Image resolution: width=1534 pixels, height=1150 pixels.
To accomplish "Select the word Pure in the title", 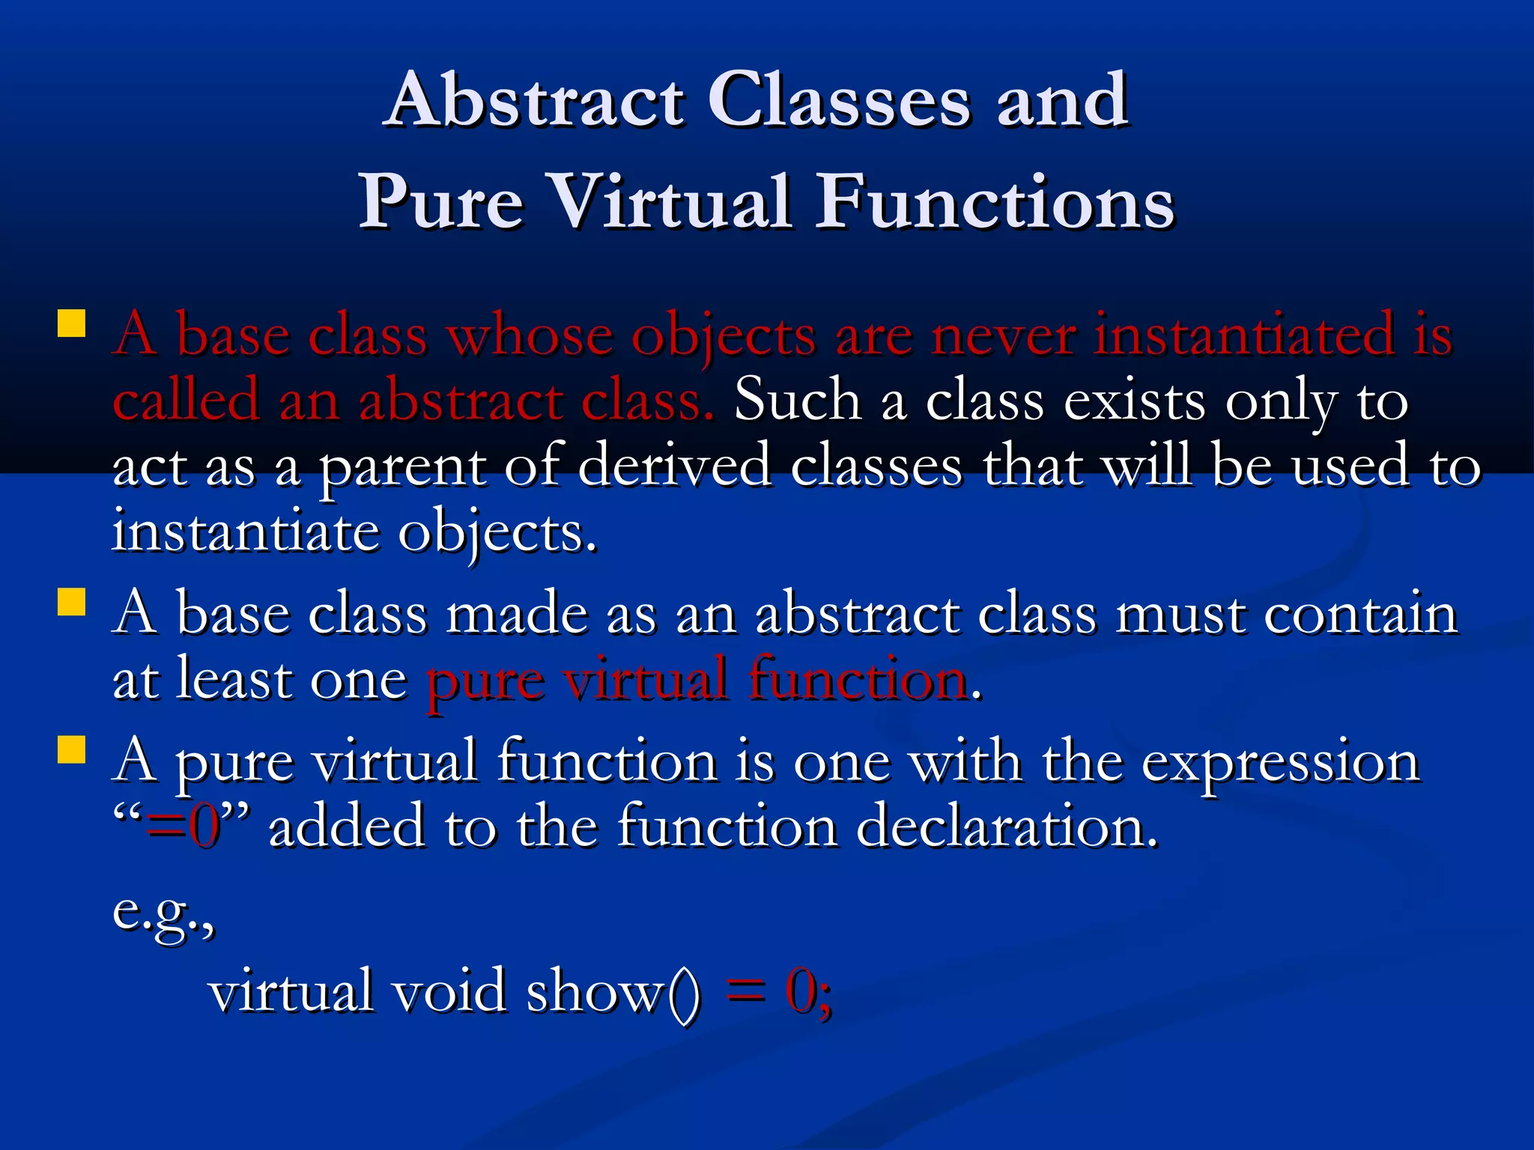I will click(x=442, y=202).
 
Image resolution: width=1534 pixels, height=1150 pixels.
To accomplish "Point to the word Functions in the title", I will click(x=995, y=202).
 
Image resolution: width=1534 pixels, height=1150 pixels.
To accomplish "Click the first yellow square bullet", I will click(x=71, y=323).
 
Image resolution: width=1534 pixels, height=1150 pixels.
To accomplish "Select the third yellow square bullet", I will click(x=71, y=749).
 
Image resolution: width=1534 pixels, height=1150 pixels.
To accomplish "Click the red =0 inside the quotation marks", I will click(x=184, y=827).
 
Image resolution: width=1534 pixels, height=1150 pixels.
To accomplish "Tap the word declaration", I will click(x=1007, y=827).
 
